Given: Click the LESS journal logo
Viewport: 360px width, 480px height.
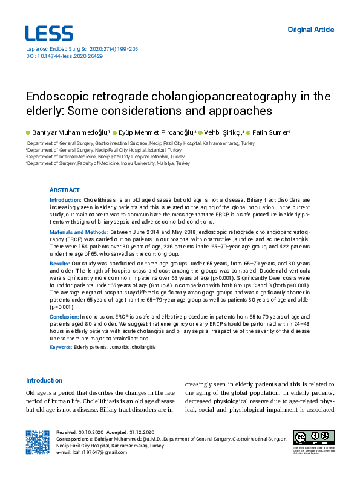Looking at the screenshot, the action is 49,33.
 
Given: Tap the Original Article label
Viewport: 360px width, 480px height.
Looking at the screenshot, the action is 310,29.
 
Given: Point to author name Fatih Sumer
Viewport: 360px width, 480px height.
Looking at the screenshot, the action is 271,132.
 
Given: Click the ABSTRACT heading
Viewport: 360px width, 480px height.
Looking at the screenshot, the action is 64,190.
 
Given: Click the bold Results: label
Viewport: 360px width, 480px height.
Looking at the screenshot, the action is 59,264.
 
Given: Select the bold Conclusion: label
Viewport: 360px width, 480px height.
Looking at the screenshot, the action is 64,317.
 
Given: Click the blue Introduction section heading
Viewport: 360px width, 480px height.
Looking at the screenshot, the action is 44,380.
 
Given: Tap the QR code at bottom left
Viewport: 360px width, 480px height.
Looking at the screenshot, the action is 38,442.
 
